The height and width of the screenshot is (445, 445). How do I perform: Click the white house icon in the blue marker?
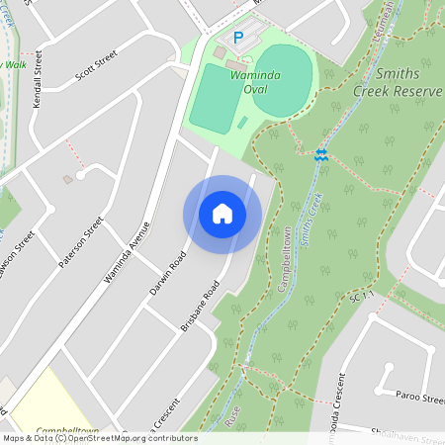[222, 214]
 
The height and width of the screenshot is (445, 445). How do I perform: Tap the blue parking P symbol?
[237, 38]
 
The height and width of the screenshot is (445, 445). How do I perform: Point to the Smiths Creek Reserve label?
[393, 83]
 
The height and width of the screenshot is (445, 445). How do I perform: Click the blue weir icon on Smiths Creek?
[320, 154]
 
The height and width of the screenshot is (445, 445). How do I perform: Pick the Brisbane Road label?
[199, 308]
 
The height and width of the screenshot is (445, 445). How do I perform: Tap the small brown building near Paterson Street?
[67, 179]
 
